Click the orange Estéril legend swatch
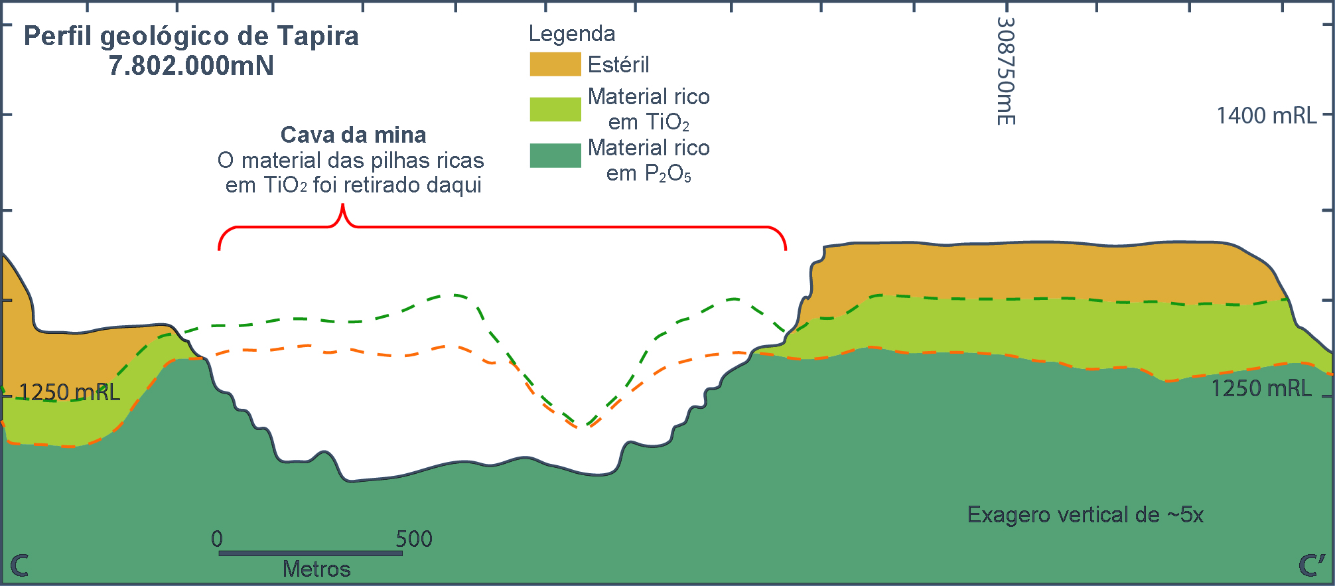555,64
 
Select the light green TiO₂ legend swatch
555,110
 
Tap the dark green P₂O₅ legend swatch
555,155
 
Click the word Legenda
571,34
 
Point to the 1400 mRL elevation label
1266,116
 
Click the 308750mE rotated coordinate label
1006,71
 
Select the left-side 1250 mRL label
69,392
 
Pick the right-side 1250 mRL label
1261,388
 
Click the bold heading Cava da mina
353,135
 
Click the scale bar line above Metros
310,553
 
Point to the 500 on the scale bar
414,539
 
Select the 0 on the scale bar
217,539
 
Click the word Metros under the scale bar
316,569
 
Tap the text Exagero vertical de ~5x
1085,515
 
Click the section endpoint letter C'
1311,565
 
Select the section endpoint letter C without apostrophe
19,566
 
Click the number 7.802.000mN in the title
191,66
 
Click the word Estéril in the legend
618,65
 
